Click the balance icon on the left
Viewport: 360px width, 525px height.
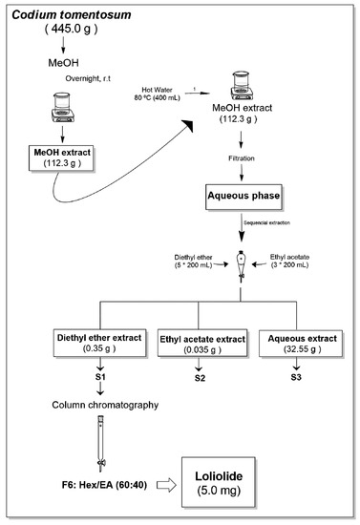tap(65, 112)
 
